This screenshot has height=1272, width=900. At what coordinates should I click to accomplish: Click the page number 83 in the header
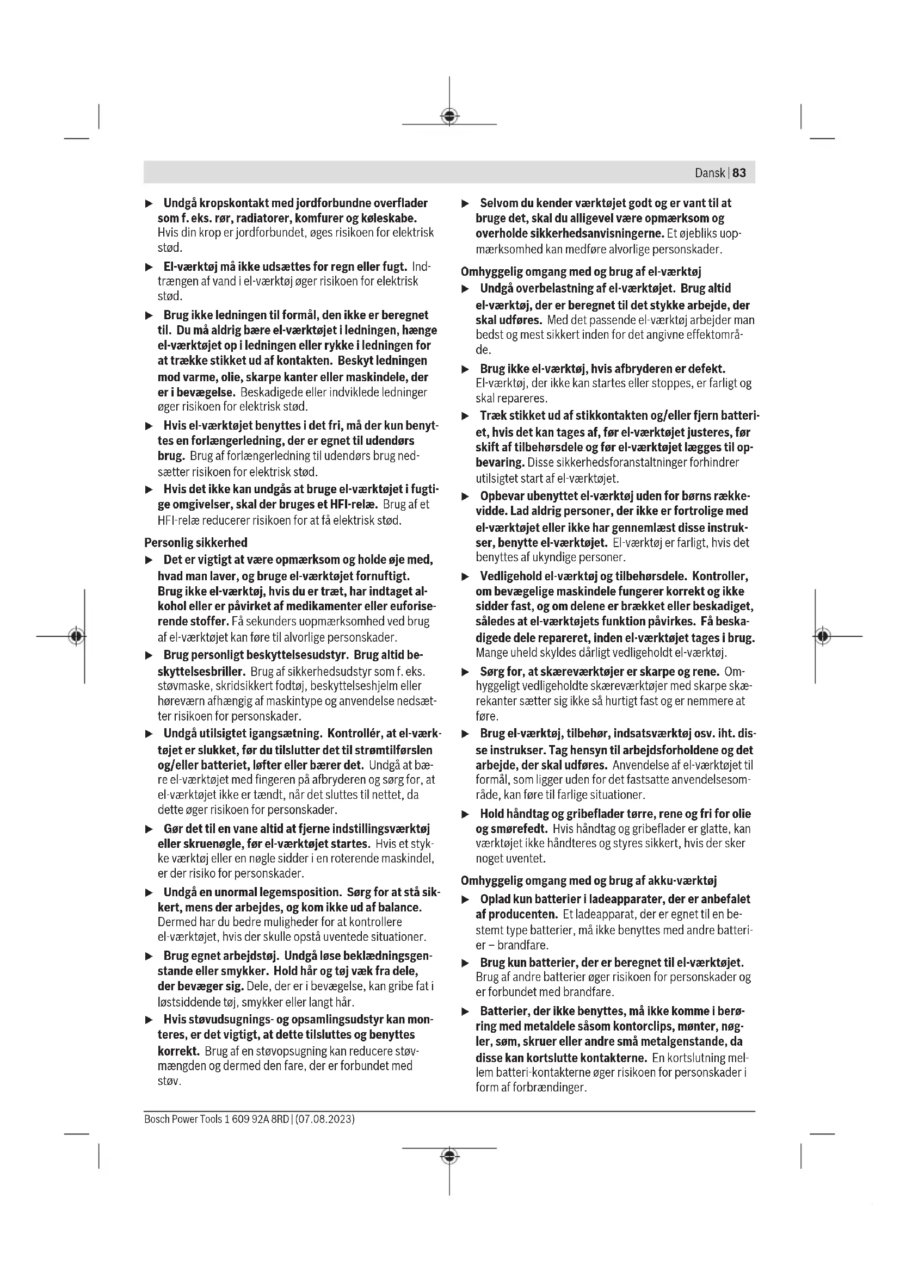point(739,173)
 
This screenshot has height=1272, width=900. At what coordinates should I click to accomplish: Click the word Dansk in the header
point(710,173)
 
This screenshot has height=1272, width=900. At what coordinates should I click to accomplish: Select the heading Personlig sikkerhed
point(196,542)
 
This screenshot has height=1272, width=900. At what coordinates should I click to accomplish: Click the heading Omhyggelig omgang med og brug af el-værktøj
point(581,271)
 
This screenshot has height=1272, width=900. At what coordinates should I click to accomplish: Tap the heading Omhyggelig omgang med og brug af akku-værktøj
point(589,880)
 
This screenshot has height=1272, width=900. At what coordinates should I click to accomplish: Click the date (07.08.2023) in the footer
point(325,1119)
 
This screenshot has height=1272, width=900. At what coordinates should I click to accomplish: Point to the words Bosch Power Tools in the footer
point(183,1119)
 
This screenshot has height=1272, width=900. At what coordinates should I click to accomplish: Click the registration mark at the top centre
point(449,116)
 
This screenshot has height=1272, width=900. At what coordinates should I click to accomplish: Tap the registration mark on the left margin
point(77,636)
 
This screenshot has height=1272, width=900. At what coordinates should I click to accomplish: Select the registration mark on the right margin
point(823,636)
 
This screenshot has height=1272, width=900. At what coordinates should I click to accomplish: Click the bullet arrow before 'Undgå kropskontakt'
point(149,204)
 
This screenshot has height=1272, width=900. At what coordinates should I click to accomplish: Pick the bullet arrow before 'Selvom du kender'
point(466,204)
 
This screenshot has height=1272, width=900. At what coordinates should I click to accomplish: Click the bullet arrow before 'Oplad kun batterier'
point(466,899)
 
